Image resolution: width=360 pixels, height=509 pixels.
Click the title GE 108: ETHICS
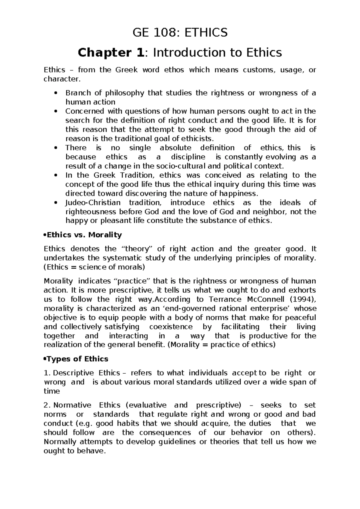tap(180, 32)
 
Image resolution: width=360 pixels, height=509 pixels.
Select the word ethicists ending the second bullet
tap(198, 139)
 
